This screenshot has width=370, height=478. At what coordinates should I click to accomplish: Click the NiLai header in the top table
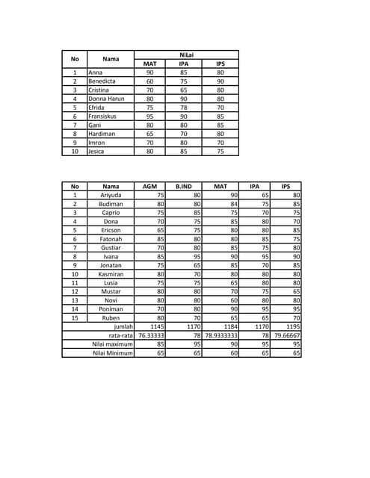pos(185,55)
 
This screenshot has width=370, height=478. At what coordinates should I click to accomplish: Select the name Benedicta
pos(102,81)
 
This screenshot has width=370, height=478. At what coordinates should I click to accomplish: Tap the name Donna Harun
pos(106,99)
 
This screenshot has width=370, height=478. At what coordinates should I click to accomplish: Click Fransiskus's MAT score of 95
pos(149,116)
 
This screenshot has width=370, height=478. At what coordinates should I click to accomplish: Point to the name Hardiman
pos(102,134)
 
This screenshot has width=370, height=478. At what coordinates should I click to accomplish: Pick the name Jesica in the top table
pos(96,151)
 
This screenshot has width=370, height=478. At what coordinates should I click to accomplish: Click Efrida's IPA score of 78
pos(184,107)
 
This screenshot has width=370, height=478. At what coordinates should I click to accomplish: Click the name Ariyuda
pos(111,195)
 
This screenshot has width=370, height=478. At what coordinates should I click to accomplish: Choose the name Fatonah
pos(111,239)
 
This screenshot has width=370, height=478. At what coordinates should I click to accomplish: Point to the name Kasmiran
pos(111,274)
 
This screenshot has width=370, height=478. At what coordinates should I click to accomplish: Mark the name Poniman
pos(111,308)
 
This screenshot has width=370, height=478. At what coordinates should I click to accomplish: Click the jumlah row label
pos(123,326)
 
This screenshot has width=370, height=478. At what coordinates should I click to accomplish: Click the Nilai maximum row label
pos(113,344)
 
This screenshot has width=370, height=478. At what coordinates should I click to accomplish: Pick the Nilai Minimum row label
pos(113,353)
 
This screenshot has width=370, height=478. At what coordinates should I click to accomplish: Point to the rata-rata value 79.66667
pos(287,335)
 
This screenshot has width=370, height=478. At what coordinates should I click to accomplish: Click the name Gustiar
pos(111,247)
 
